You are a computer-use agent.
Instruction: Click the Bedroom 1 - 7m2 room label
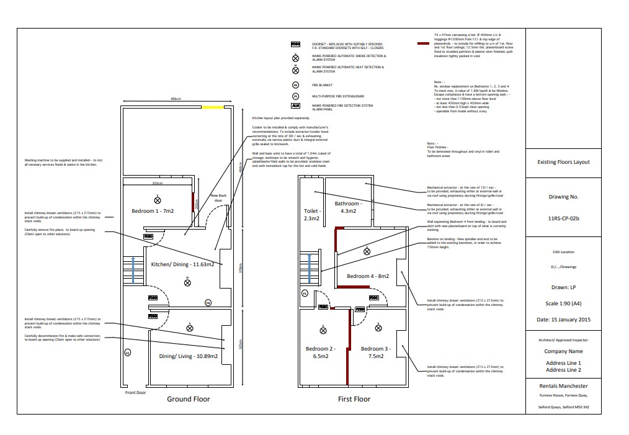coord(153,210)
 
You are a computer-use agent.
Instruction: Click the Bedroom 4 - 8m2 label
coord(367,276)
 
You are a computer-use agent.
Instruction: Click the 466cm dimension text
coord(176,99)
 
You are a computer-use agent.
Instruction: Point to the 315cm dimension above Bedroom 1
coord(157,183)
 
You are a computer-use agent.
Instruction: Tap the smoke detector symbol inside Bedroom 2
coord(323,330)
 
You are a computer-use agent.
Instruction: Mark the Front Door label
coord(135,392)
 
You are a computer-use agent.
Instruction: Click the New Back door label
coord(218,198)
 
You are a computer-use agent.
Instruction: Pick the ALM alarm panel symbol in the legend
coord(296,106)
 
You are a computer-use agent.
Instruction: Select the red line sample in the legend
coord(424,44)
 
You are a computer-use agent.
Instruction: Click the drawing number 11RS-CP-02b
coord(563,218)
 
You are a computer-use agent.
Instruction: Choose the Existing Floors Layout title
coord(563,162)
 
